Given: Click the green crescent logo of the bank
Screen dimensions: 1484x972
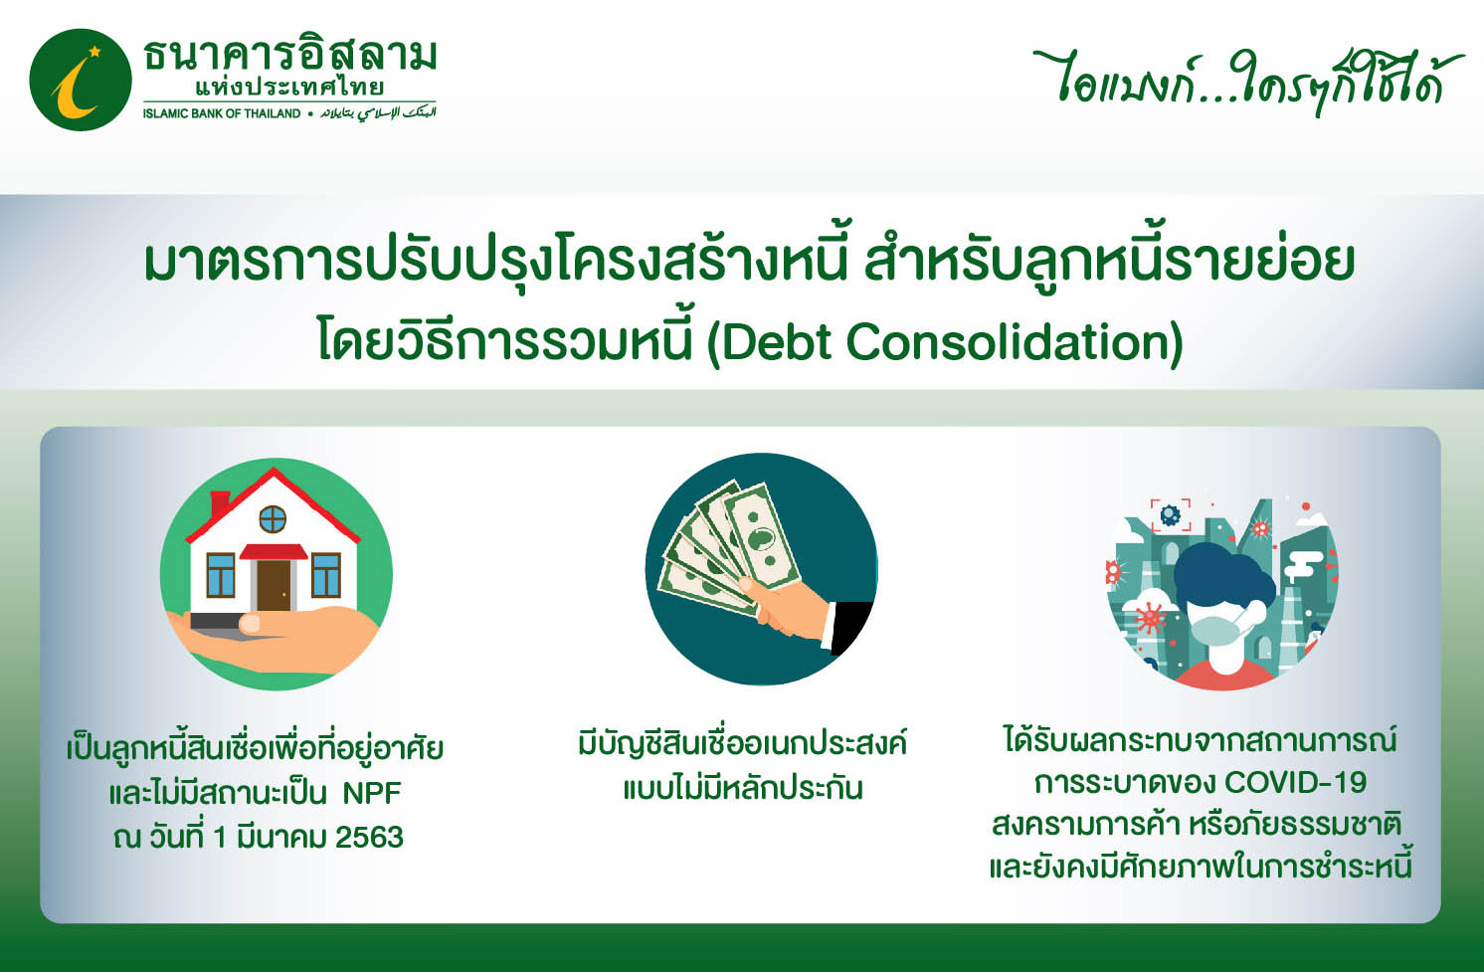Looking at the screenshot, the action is tap(81, 80).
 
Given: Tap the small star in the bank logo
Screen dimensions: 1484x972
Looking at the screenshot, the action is tap(94, 51).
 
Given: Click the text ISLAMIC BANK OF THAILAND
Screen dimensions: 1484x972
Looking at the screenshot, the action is tap(222, 114).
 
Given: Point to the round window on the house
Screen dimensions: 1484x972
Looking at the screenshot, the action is tap(273, 518).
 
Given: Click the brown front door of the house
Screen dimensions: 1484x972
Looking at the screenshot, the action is tap(274, 586).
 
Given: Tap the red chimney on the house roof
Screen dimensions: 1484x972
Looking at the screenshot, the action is tap(219, 504).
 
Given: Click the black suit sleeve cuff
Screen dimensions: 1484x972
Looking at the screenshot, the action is tap(850, 627).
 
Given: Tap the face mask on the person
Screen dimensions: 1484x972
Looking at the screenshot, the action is tap(1219, 632).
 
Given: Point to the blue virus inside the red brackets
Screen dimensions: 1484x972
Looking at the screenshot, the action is tap(1170, 514).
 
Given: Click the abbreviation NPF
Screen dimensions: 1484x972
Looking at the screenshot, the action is tap(372, 793).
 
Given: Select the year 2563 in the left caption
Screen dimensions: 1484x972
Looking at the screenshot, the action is tap(370, 838).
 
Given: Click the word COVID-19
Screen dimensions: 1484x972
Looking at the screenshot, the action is tap(1296, 783).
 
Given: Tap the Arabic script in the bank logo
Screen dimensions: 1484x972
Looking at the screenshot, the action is tap(379, 113).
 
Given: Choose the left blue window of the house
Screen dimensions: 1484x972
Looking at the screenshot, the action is tap(221, 575).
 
